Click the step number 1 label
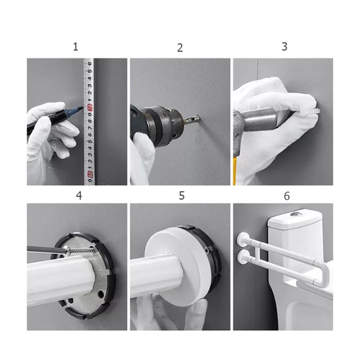(75, 47)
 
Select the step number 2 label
(180, 48)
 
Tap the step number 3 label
(285, 47)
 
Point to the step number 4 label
(79, 196)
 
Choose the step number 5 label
(182, 196)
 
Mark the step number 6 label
(287, 196)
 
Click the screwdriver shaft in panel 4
(46, 249)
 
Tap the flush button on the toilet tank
(295, 214)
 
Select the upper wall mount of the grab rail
(242, 240)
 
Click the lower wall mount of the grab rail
(243, 258)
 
